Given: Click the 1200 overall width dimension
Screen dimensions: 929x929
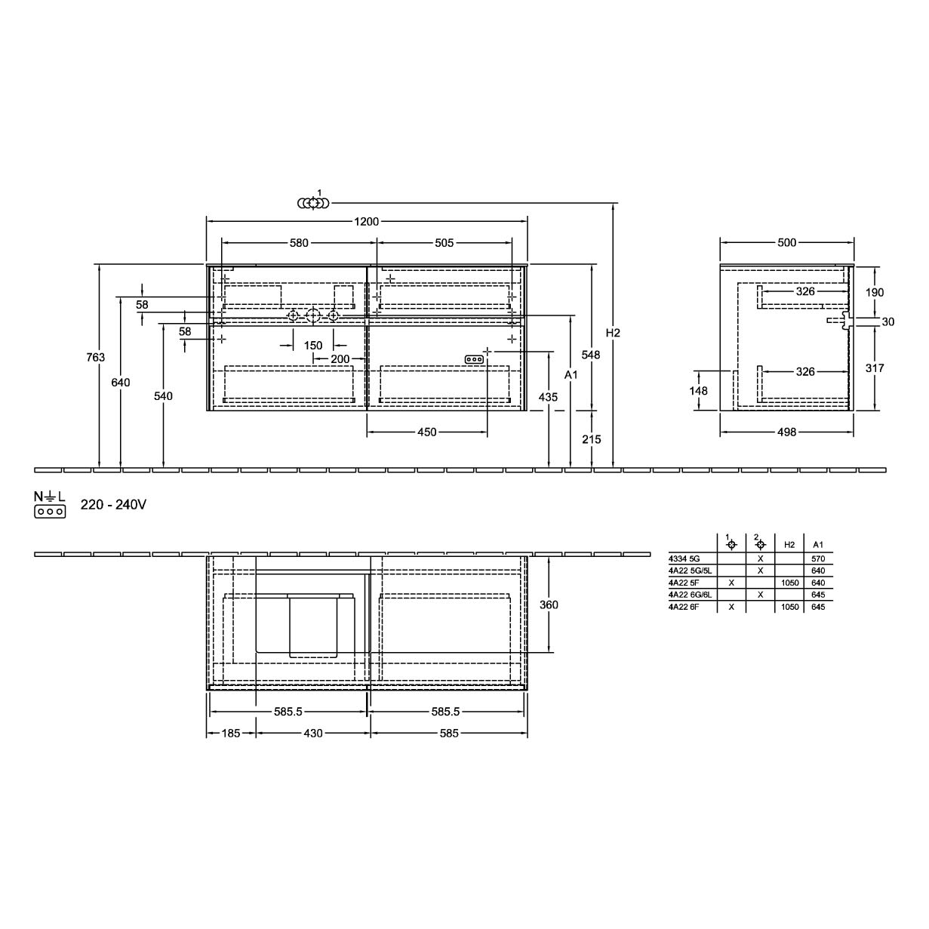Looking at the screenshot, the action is point(367,221).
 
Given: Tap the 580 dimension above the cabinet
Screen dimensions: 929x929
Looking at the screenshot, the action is point(299,243).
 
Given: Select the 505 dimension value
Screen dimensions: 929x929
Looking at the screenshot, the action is point(444,243).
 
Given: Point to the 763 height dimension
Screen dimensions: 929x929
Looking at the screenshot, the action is point(95,357).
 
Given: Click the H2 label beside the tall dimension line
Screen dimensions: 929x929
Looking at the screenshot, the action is point(613,333).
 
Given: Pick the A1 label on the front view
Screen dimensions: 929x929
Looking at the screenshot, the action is point(571,374).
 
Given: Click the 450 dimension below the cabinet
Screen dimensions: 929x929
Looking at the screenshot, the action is point(426,432).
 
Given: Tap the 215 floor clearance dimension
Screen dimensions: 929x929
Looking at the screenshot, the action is point(592,439).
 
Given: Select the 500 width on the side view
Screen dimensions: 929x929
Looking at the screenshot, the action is point(787,242).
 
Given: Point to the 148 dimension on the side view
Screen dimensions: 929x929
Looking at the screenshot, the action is point(698,390).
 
